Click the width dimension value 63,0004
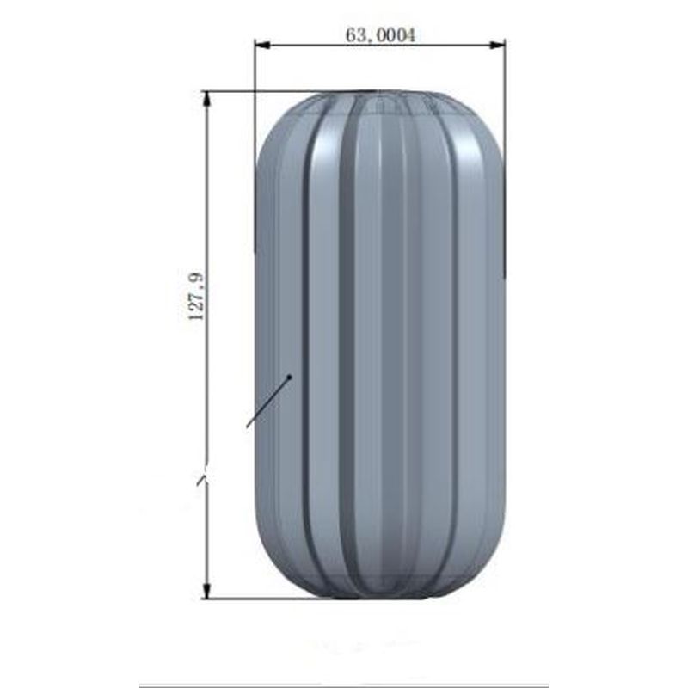pos(380,35)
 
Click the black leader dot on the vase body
pos(290,376)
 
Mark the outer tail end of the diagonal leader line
pos(248,427)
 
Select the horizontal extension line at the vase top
pos(258,92)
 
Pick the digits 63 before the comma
pos(353,35)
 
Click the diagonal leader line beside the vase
pos(268,402)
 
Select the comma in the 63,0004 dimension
pos(366,39)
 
